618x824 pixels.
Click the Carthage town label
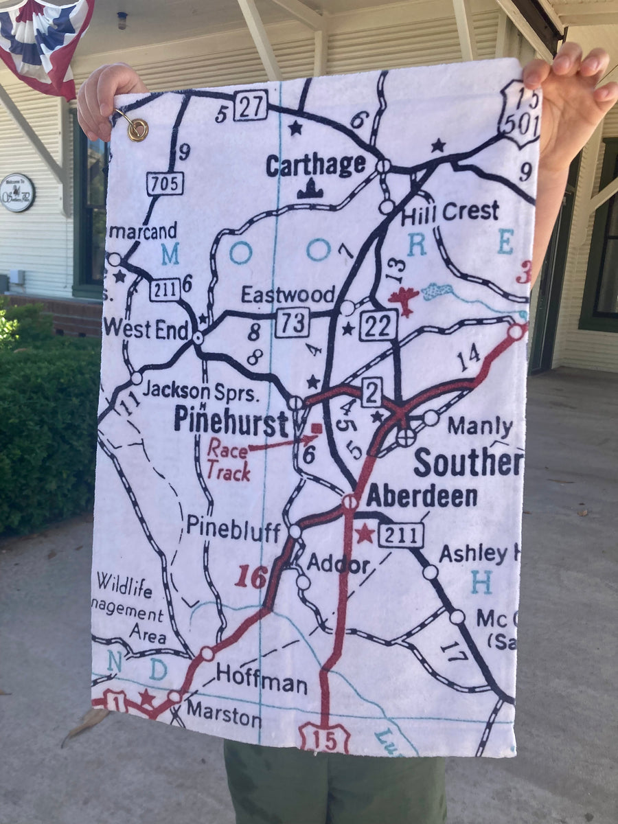click(316, 165)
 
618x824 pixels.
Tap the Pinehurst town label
click(231, 420)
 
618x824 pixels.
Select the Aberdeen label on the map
click(422, 496)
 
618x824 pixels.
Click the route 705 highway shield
click(165, 183)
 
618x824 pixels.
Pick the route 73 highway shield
click(293, 322)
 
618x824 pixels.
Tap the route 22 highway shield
click(378, 325)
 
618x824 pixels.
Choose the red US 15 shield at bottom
click(324, 737)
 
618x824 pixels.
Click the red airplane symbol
click(404, 300)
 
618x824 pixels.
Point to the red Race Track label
click(229, 459)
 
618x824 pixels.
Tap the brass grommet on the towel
click(137, 128)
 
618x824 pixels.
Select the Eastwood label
click(288, 295)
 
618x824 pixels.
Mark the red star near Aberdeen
click(365, 533)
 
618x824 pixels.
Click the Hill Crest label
click(450, 213)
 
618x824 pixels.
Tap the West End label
click(146, 330)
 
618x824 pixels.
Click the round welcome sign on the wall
click(16, 192)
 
